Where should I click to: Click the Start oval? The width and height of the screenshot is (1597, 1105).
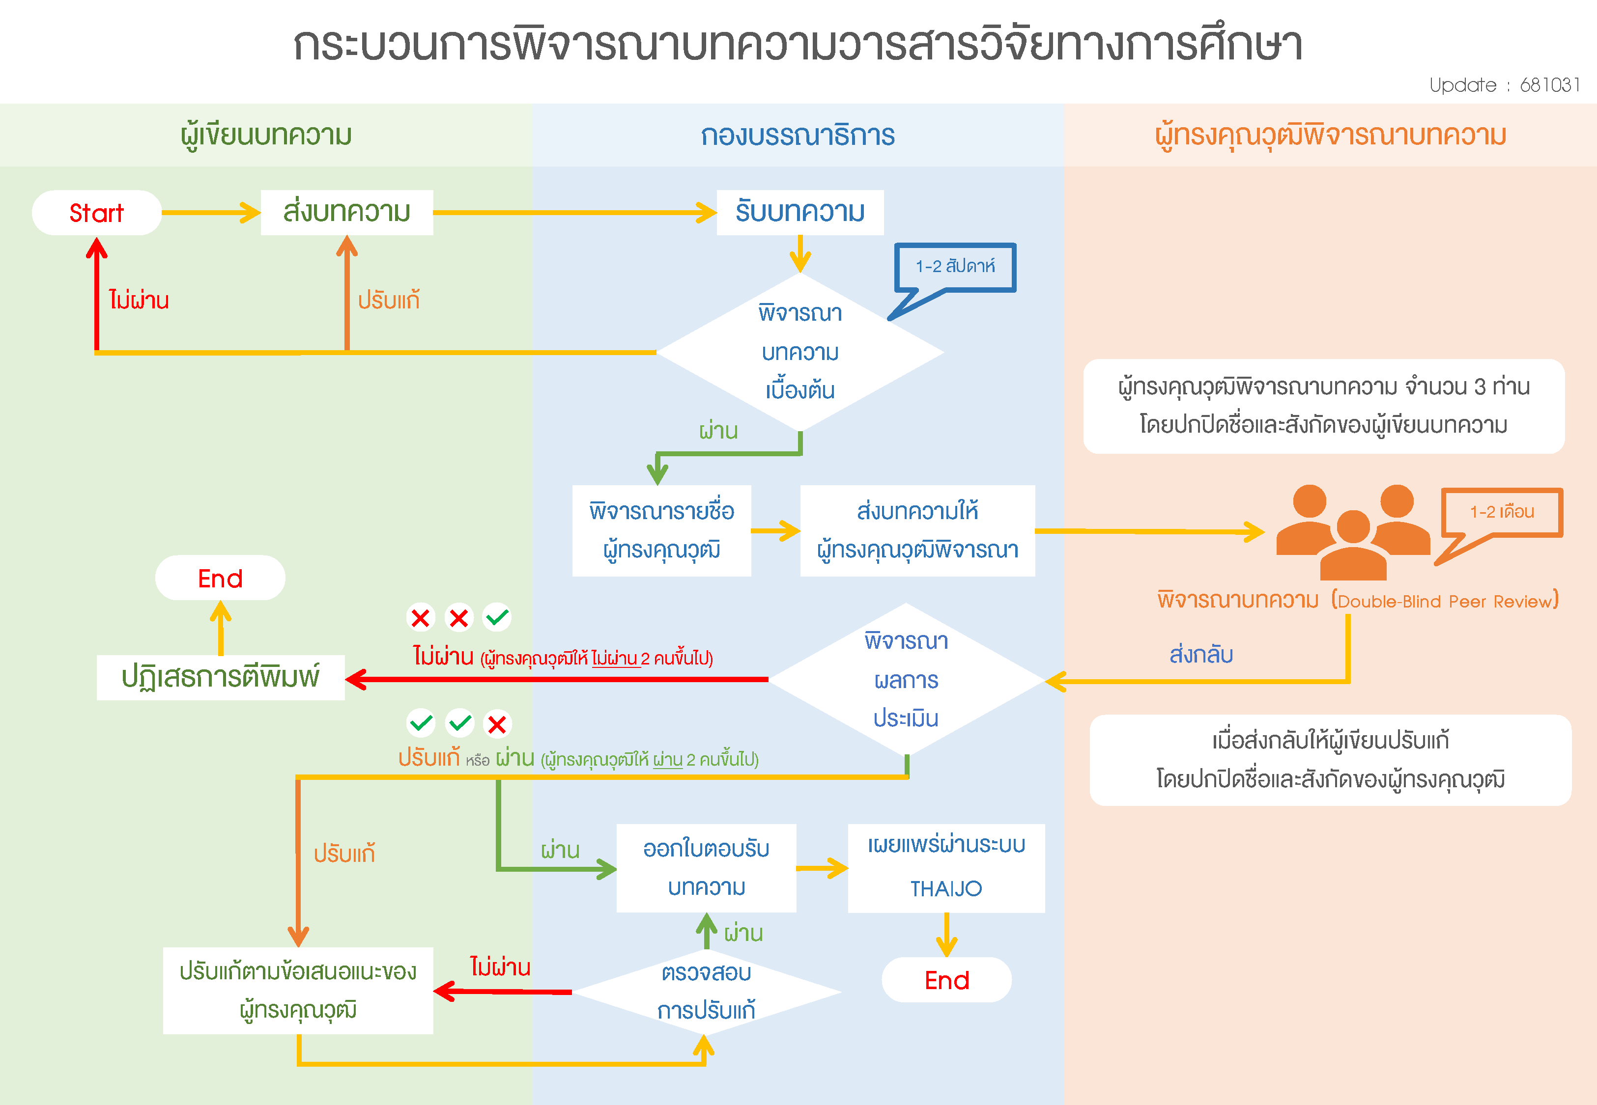click(x=96, y=213)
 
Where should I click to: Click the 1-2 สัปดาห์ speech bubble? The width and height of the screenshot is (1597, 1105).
click(x=955, y=267)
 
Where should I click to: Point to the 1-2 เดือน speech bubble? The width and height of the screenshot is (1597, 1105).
click(x=1502, y=512)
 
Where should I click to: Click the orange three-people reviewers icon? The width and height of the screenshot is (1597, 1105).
click(x=1352, y=532)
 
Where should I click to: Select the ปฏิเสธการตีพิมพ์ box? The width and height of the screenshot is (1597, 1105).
click(x=220, y=677)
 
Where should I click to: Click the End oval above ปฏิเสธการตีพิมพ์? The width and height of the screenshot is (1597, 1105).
click(x=220, y=578)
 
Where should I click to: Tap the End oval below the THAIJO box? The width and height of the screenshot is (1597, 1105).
click(x=947, y=980)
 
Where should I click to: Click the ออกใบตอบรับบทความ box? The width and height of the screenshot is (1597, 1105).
click(x=707, y=867)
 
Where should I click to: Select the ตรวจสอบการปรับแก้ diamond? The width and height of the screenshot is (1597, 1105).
click(x=707, y=992)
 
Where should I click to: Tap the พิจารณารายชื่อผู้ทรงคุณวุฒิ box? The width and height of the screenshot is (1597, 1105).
click(x=661, y=530)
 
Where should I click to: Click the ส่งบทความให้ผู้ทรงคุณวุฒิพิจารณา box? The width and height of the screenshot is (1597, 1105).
click(x=917, y=530)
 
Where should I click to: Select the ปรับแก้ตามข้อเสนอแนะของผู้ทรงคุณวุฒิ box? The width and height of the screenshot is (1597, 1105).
click(x=298, y=990)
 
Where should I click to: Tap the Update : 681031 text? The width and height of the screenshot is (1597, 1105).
click(x=1504, y=85)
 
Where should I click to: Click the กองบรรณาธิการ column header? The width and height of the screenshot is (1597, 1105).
click(x=798, y=135)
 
